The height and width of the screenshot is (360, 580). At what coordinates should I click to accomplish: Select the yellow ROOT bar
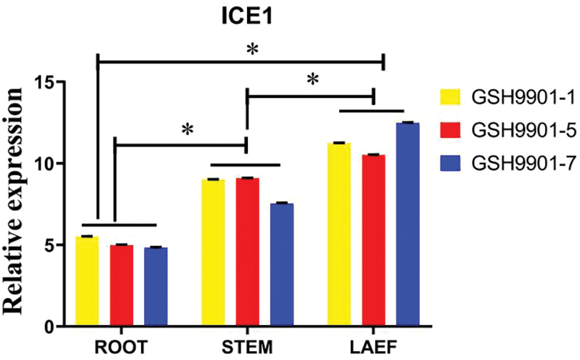[x=87, y=281]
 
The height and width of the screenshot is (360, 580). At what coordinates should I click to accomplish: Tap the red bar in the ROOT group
[x=121, y=285]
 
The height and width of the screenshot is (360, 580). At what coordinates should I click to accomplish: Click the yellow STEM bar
[x=213, y=252]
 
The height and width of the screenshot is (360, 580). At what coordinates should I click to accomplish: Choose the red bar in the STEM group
[x=247, y=252]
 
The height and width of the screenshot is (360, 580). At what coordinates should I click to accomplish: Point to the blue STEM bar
[x=281, y=264]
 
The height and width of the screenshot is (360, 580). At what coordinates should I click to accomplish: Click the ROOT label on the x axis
[x=121, y=347]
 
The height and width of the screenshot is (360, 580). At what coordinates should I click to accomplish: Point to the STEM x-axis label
[x=247, y=347]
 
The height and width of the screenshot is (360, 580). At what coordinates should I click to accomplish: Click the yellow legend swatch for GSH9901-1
[x=450, y=95]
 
